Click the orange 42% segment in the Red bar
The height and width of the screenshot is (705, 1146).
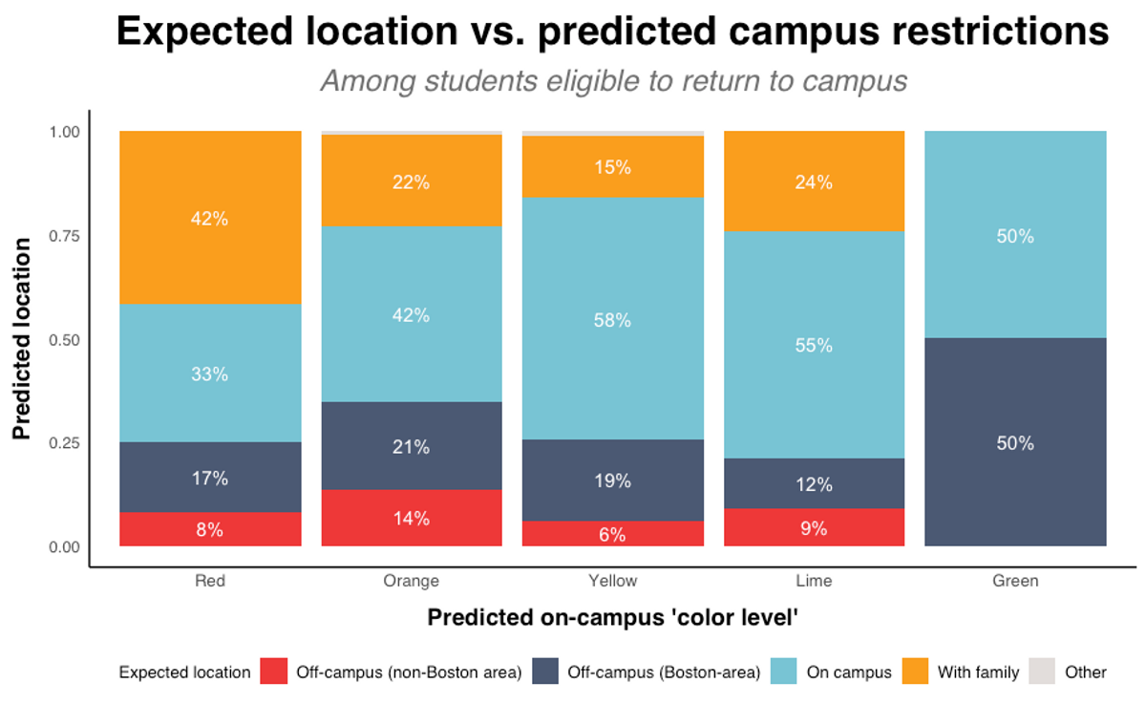[210, 218]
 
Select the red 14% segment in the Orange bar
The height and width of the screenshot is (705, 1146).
[412, 519]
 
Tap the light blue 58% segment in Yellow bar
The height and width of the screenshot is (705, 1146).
[612, 320]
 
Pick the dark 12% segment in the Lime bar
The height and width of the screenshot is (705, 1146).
[814, 483]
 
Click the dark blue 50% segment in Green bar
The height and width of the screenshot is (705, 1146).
[1015, 442]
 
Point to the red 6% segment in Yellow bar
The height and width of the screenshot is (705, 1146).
[612, 534]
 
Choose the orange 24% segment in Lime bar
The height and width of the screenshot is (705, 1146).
[814, 182]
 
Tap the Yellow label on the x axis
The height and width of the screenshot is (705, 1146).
[612, 581]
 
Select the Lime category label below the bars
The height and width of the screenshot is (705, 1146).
[814, 581]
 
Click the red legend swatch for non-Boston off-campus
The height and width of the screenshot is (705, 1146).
[274, 672]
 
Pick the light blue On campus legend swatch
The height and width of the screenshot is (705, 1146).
[784, 672]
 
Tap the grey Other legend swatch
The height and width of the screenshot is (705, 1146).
[1043, 672]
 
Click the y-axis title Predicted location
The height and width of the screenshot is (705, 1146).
[23, 339]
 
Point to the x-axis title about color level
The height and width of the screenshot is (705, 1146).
[612, 618]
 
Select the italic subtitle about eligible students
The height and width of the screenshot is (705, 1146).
[612, 81]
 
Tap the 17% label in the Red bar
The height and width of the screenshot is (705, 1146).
[210, 478]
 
